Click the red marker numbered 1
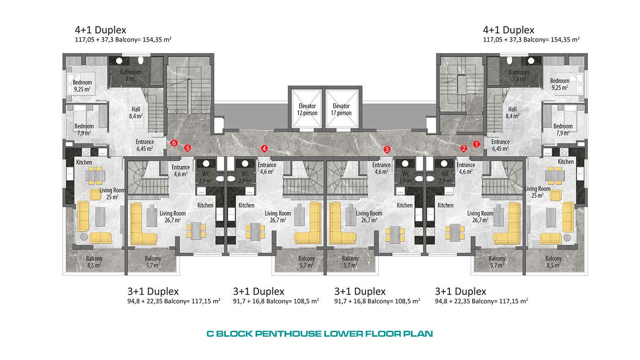(x=476, y=144)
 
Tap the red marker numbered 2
(x=464, y=148)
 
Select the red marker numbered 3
(x=387, y=149)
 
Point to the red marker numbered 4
(x=264, y=148)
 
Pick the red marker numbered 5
(x=187, y=148)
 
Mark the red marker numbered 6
(x=174, y=143)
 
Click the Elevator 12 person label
(x=307, y=110)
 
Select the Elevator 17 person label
(x=341, y=110)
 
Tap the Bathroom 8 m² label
(x=131, y=75)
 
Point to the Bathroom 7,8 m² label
(x=519, y=76)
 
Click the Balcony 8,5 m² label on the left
(x=94, y=262)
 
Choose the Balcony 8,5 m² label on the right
(x=554, y=262)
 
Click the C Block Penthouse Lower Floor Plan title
(x=320, y=334)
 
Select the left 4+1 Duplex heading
(x=100, y=30)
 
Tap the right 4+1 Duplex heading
(x=508, y=30)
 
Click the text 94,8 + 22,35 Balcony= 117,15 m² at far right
(x=481, y=301)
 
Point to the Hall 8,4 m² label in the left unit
(x=136, y=113)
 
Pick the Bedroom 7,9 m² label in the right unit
(x=563, y=130)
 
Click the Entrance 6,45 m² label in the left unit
(x=144, y=145)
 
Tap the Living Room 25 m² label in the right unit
(x=538, y=192)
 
